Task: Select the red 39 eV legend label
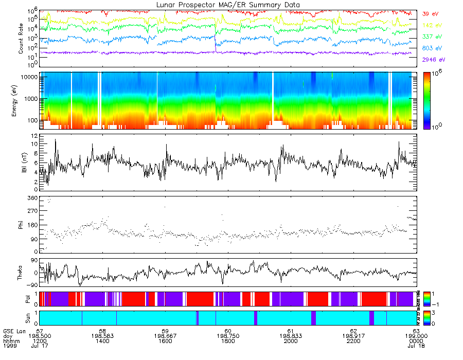[430, 14]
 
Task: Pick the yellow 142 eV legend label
[431, 25]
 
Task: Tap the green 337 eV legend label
[431, 37]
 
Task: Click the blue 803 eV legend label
[431, 48]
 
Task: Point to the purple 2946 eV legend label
[433, 60]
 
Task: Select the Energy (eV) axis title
[15, 100]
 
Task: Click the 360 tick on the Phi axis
[31, 198]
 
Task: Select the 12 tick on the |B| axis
[33, 136]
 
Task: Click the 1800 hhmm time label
[228, 341]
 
